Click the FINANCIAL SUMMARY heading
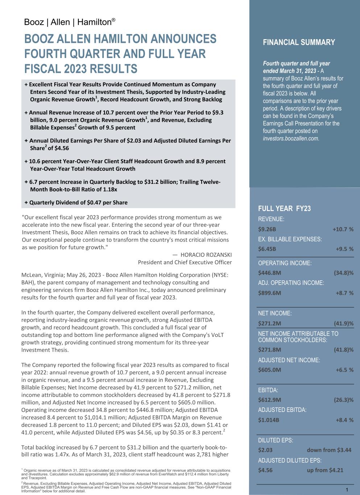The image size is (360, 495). pyautogui.click(x=299, y=42)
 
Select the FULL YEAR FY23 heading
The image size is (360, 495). pyautogui.click(x=284, y=208)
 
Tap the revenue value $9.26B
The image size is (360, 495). pyautogui.click(x=267, y=229)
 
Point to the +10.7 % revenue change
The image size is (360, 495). pyautogui.click(x=343, y=229)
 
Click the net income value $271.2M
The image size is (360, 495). pyautogui.click(x=269, y=323)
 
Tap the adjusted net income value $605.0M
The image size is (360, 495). pyautogui.click(x=269, y=370)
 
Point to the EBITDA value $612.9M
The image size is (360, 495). pyautogui.click(x=269, y=400)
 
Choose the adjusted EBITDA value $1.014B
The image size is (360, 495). pyautogui.click(x=268, y=420)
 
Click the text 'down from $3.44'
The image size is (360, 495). pyautogui.click(x=329, y=450)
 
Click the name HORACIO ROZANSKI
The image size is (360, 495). pyautogui.click(x=206, y=255)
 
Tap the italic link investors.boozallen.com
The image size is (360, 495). pyautogui.click(x=291, y=138)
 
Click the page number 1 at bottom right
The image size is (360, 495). pyautogui.click(x=347, y=490)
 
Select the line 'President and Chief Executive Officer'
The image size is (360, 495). pyautogui.click(x=185, y=262)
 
